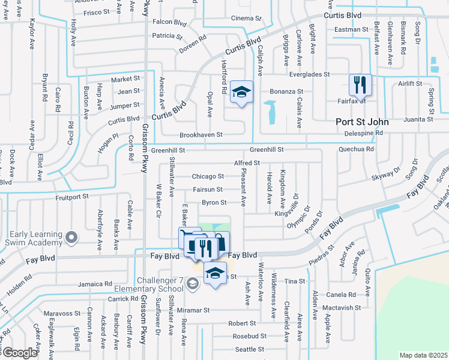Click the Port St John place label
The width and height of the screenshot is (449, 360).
[x=361, y=122]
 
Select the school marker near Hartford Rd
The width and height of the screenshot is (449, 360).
[x=241, y=92]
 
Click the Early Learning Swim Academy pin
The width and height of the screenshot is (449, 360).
[x=71, y=238]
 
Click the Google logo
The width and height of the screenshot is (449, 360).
[x=19, y=353]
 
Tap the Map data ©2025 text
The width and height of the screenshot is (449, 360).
[x=423, y=355]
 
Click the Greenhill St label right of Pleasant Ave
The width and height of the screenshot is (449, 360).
[x=266, y=149]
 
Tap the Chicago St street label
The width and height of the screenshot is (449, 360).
[x=208, y=176]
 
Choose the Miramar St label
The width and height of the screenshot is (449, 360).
[x=192, y=311]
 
